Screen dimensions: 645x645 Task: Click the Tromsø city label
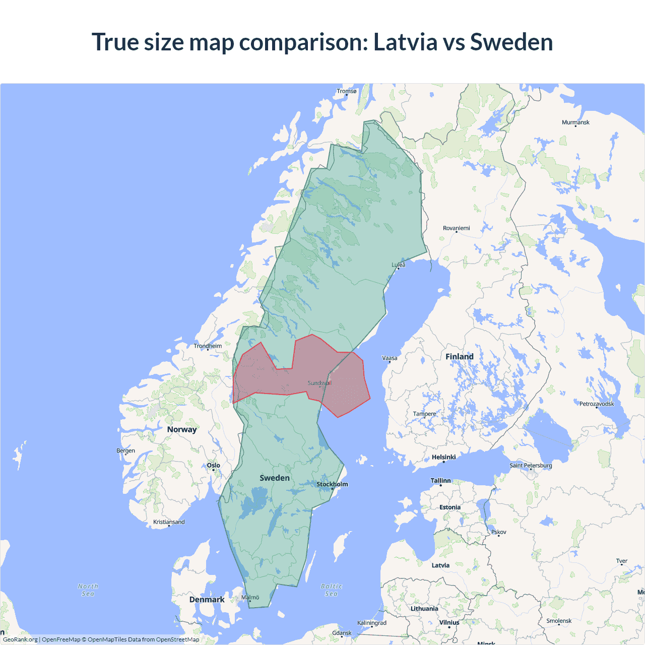346,91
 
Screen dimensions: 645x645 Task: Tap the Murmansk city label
575,122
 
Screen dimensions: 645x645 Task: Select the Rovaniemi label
456,228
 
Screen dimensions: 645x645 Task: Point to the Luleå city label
398,265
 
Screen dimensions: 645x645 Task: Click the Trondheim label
208,346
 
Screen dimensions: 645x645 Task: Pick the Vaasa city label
390,358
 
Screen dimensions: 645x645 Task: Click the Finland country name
459,357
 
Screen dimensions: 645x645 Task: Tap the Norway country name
182,429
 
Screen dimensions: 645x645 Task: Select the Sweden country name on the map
275,478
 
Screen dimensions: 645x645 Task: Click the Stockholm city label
332,484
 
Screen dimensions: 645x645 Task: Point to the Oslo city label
213,466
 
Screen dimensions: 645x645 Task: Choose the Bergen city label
125,450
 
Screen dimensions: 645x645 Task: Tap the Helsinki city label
443,457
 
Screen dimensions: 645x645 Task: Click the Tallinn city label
440,481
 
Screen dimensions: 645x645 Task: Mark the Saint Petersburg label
531,465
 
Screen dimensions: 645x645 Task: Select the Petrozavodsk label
597,404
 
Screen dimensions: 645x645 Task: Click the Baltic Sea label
331,590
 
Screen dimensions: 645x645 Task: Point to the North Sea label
88,590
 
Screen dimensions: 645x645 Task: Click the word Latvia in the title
405,42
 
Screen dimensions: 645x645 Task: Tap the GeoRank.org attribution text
20,639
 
